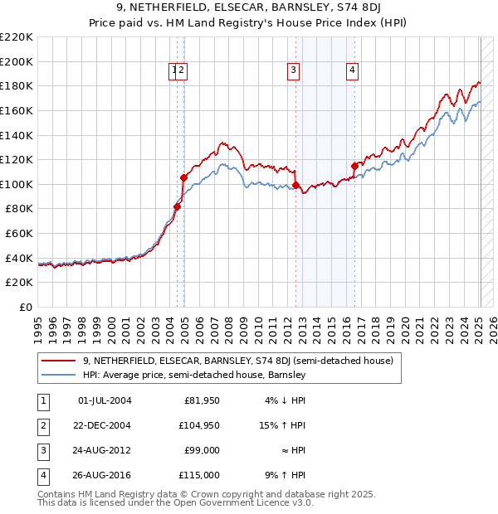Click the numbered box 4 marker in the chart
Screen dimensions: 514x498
pyautogui.click(x=353, y=71)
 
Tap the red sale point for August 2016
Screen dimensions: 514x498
pyautogui.click(x=354, y=166)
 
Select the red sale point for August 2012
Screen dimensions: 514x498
pyautogui.click(x=296, y=185)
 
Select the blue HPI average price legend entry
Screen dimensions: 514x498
pyautogui.click(x=194, y=375)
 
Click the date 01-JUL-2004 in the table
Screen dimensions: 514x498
pyautogui.click(x=104, y=401)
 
